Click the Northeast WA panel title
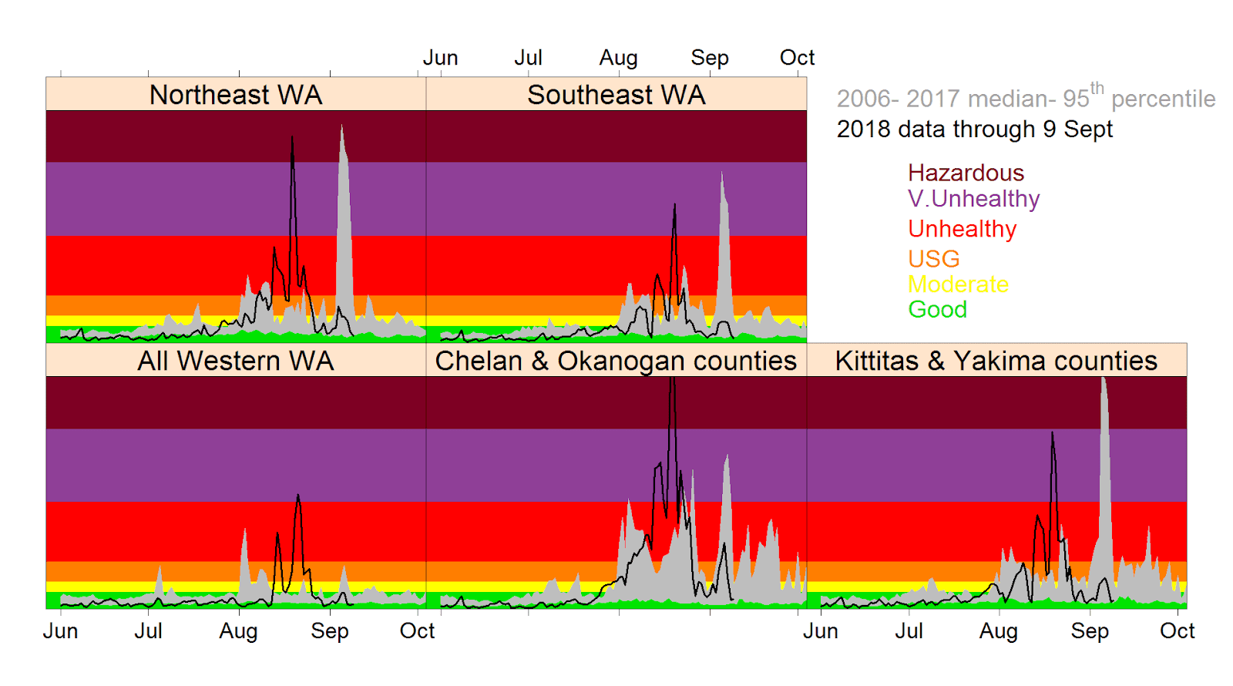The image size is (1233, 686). click(236, 95)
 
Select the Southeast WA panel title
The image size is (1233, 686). click(616, 95)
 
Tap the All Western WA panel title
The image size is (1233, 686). click(236, 361)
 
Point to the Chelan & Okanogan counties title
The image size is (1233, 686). click(616, 361)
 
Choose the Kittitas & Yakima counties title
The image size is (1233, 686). click(996, 361)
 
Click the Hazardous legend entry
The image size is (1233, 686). click(966, 173)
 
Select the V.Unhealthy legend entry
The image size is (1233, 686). click(973, 199)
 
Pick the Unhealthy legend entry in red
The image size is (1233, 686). click(962, 229)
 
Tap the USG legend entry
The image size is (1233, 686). click(933, 259)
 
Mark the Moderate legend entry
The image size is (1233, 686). click(958, 284)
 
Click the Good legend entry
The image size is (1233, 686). click(937, 310)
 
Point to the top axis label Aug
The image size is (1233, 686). click(618, 58)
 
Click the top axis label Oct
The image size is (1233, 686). click(797, 58)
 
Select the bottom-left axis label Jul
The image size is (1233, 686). click(148, 631)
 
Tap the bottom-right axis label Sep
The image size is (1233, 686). click(1090, 631)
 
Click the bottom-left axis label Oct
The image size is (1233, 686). click(417, 631)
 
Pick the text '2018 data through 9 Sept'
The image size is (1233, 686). click(974, 129)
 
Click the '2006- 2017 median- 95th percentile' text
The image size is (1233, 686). click(1025, 98)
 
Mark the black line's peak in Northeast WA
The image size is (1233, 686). click(292, 138)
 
